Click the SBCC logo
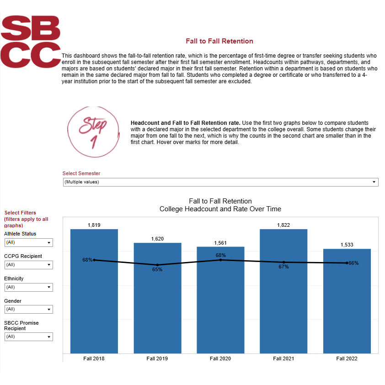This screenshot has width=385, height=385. [x=31, y=41]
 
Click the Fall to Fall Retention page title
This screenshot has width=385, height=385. [x=219, y=41]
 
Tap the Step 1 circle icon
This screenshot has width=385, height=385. [x=93, y=132]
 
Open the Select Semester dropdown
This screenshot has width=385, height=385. [x=220, y=182]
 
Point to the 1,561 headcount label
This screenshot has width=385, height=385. [x=220, y=243]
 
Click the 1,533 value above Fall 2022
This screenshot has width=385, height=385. [x=347, y=245]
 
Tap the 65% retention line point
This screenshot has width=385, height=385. [x=157, y=265]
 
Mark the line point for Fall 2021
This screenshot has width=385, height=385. [x=283, y=262]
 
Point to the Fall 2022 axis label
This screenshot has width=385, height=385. [x=347, y=358]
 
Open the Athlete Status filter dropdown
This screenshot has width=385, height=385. [x=28, y=242]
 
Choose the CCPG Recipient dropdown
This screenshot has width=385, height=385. [x=28, y=265]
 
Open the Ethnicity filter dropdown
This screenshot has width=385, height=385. [x=28, y=287]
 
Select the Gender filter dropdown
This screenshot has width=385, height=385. [x=28, y=310]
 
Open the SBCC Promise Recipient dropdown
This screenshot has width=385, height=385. [x=28, y=337]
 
